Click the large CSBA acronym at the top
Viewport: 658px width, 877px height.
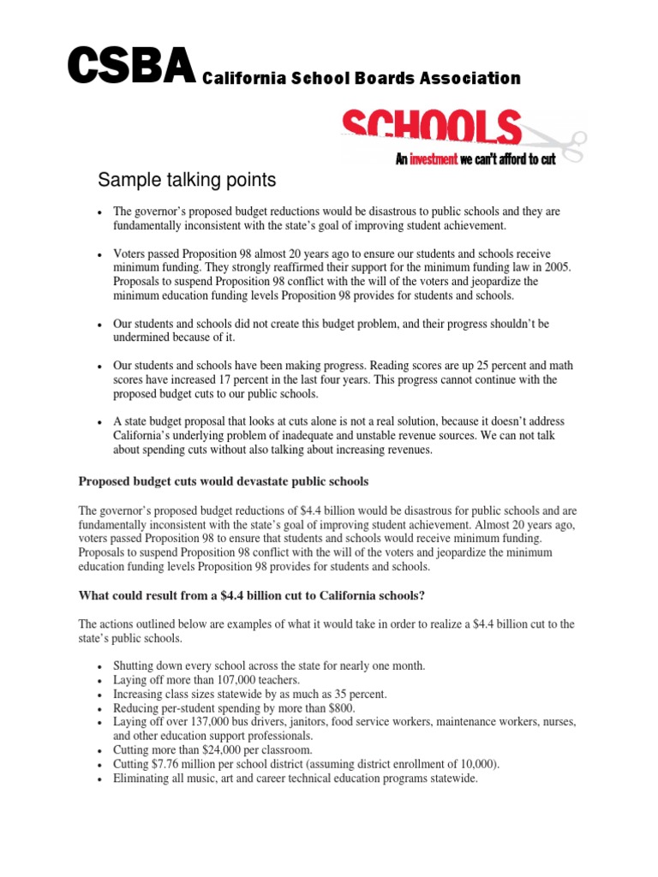131,68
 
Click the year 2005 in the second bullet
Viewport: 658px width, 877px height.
557,267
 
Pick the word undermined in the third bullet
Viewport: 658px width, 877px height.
143,337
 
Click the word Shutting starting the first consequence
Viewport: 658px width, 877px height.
134,665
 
